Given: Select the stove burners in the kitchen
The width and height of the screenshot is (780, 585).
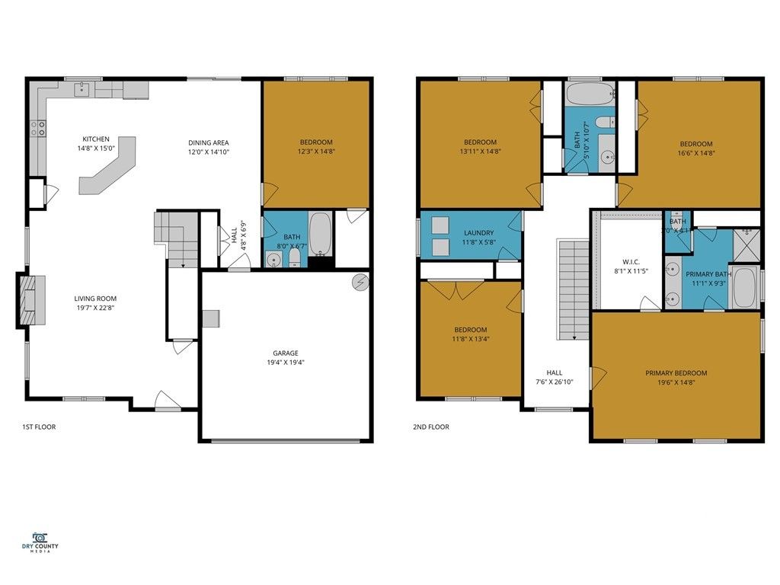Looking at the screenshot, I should pyautogui.click(x=37, y=129).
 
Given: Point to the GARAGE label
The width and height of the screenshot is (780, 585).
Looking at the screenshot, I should pyautogui.click(x=286, y=353).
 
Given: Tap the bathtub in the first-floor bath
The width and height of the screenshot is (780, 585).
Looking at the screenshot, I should pyautogui.click(x=321, y=233).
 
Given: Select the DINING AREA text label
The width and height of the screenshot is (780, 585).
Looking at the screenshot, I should pyautogui.click(x=209, y=142).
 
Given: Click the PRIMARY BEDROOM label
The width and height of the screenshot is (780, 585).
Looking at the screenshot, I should pyautogui.click(x=676, y=373).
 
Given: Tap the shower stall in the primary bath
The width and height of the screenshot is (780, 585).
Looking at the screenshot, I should pyautogui.click(x=746, y=244).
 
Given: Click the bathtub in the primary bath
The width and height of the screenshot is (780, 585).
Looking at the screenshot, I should pyautogui.click(x=744, y=287).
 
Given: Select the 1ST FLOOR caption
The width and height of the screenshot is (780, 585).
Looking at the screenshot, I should pyautogui.click(x=39, y=427).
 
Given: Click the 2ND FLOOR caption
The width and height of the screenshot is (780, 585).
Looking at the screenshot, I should pyautogui.click(x=433, y=427).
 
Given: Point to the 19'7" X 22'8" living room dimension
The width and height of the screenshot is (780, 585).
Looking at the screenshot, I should pyautogui.click(x=95, y=308).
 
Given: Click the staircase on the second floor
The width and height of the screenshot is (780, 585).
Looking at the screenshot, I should pyautogui.click(x=574, y=289).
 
